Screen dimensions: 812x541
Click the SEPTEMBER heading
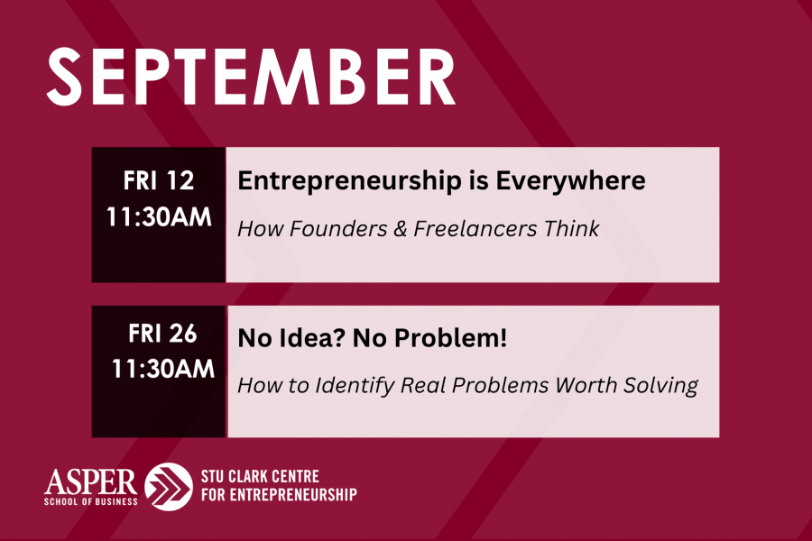click(x=251, y=77)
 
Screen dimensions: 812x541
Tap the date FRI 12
click(x=159, y=180)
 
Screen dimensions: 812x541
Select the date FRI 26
click(x=162, y=334)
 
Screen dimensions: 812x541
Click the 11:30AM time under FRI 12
click(x=159, y=217)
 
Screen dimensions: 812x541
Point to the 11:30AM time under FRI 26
click(x=163, y=369)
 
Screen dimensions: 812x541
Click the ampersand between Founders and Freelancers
click(x=401, y=229)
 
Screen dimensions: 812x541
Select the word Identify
click(x=355, y=386)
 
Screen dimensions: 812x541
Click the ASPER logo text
click(x=90, y=481)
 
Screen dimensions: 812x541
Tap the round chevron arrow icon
click(x=169, y=487)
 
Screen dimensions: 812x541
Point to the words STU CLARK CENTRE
click(x=260, y=476)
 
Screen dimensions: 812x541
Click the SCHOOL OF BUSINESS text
click(x=90, y=501)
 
